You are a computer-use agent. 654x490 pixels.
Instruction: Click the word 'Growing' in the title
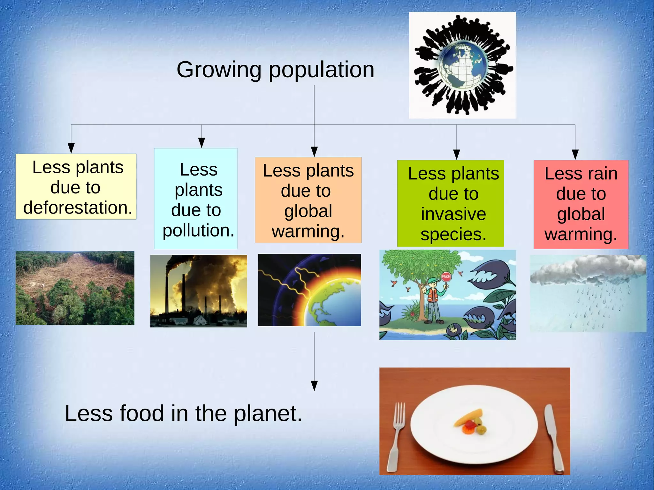(219, 70)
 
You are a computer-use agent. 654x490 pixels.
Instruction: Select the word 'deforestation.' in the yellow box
(78, 208)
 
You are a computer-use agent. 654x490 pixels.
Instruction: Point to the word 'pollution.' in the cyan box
(198, 230)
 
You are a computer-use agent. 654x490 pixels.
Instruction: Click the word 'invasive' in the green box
(453, 214)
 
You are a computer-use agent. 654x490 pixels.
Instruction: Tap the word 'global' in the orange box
(308, 211)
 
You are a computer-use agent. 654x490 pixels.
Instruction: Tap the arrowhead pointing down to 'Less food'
(314, 385)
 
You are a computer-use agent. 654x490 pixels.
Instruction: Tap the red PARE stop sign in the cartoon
(446, 277)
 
